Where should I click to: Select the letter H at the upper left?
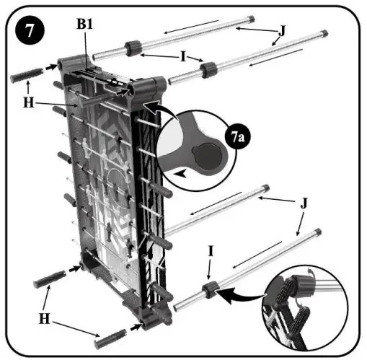click(29, 102)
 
